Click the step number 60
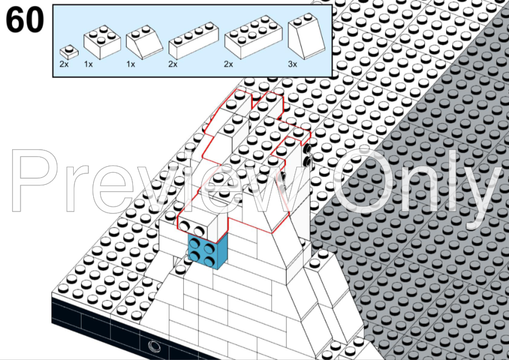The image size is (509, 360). (25, 20)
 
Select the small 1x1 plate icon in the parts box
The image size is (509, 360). (69, 52)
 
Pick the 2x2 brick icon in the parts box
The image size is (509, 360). (102, 42)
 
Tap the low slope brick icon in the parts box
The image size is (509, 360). (144, 42)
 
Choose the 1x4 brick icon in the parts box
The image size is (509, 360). (193, 40)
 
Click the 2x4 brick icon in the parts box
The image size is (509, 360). (253, 37)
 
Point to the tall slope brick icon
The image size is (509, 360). (306, 36)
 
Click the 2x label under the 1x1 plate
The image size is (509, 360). (64, 64)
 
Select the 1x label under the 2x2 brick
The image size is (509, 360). (88, 64)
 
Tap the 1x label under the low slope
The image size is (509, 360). (131, 64)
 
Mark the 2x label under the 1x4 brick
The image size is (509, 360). (173, 64)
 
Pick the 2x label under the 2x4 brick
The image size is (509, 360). (229, 64)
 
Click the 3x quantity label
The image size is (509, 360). (293, 64)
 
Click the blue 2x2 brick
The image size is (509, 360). (207, 251)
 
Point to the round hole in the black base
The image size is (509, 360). (154, 346)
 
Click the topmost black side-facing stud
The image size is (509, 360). (306, 149)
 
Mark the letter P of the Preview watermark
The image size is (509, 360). (34, 181)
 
